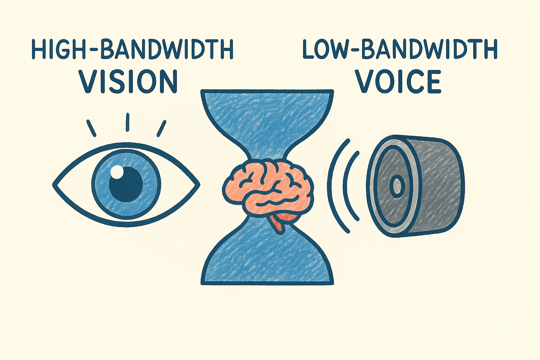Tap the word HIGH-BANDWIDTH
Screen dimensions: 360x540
pyautogui.click(x=132, y=50)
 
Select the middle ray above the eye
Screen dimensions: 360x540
pyautogui.click(x=128, y=122)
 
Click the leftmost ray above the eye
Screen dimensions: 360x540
pyautogui.click(x=91, y=128)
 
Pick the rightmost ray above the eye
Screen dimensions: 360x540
pyautogui.click(x=161, y=128)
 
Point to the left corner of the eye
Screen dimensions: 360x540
pyautogui.click(x=55, y=184)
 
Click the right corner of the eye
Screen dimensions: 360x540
pyautogui.click(x=198, y=184)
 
